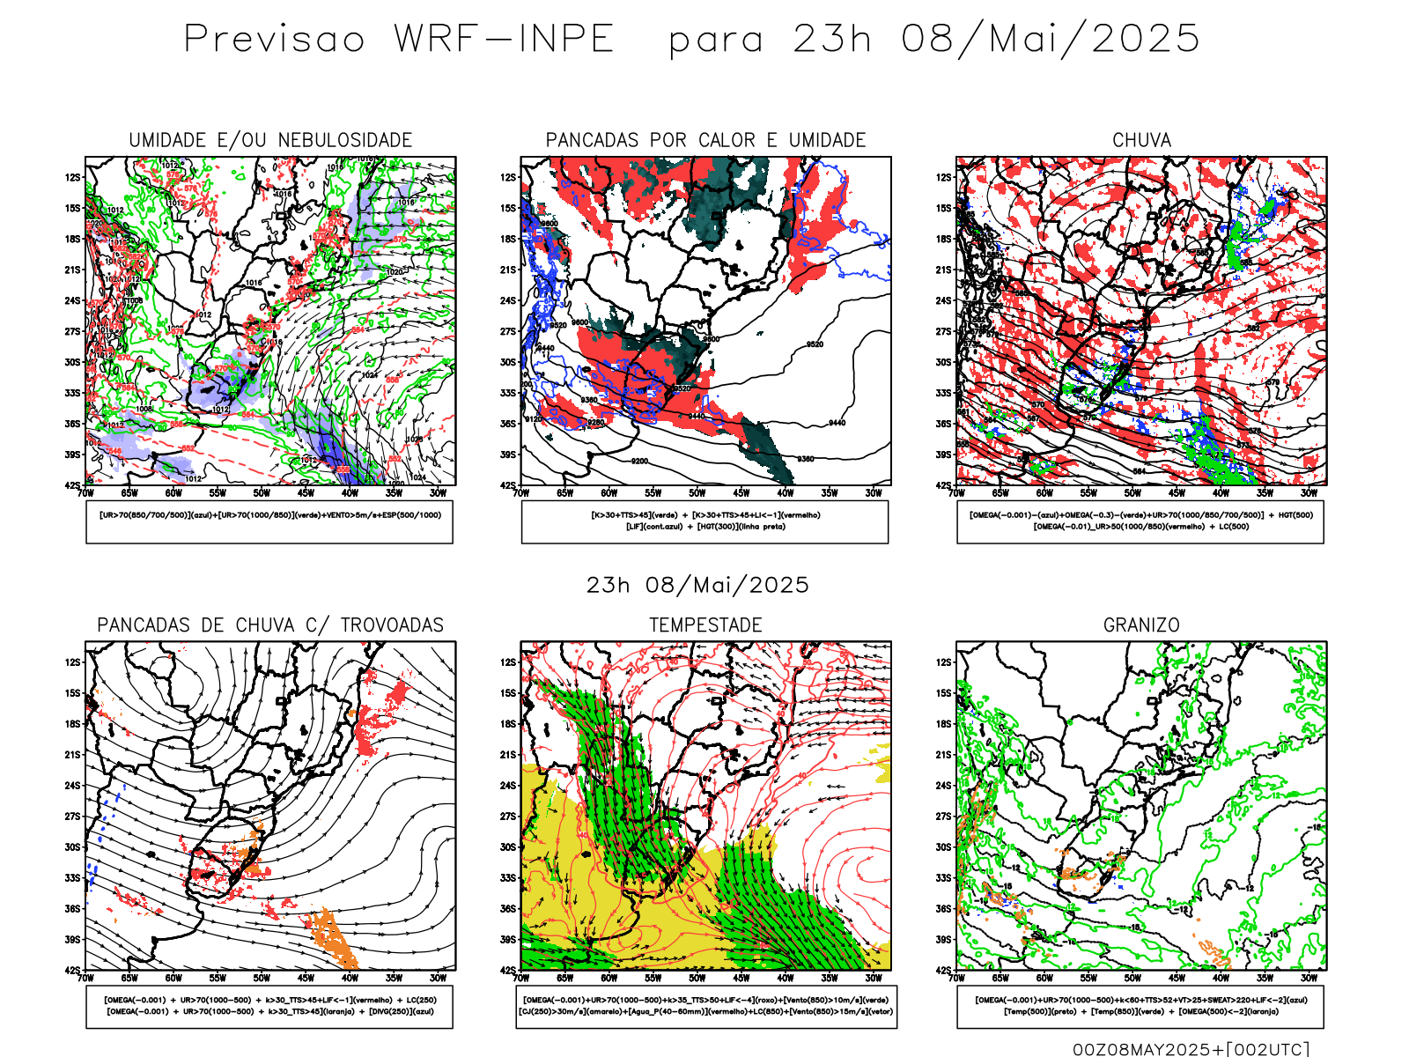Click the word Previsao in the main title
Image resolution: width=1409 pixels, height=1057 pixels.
(274, 40)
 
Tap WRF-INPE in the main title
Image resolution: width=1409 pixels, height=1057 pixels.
(504, 40)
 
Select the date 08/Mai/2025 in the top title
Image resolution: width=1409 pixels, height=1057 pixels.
(1051, 40)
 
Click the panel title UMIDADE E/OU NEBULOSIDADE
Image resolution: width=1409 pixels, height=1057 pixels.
(270, 140)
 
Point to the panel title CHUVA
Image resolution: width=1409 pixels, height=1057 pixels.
(1141, 140)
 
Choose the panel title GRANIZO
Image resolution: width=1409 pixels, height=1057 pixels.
(1141, 625)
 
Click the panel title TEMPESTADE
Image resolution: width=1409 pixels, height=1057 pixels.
(705, 625)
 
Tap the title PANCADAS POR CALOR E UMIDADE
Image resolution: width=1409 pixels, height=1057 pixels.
(705, 140)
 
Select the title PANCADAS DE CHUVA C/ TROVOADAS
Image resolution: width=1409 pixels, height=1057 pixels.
(270, 625)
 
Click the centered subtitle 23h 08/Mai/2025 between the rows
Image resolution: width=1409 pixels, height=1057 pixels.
(697, 586)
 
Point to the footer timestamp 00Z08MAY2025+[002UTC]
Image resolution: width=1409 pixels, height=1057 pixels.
(1191, 1049)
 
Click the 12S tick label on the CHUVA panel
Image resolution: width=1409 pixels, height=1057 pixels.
(944, 177)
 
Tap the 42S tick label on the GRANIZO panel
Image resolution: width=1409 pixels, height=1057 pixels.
(944, 970)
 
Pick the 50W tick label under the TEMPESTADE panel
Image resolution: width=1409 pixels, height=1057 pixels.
(697, 978)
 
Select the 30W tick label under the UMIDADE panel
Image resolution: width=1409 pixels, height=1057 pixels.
(438, 493)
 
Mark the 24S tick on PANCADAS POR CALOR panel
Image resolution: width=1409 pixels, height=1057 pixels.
(508, 300)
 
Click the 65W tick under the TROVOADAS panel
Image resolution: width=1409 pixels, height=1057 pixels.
(129, 978)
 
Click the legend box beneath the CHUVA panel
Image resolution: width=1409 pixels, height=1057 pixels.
(1140, 521)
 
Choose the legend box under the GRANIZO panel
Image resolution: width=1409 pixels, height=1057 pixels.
(1140, 1006)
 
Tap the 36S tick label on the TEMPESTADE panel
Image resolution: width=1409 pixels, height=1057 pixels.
(508, 908)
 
